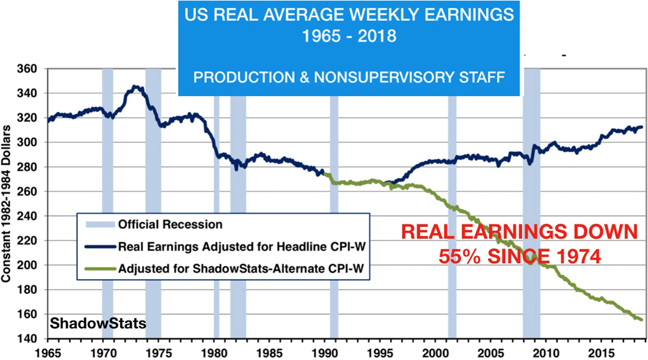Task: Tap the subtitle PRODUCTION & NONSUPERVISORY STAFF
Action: tap(349, 77)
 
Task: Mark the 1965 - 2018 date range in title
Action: tap(349, 36)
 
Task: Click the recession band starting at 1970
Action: tap(108, 190)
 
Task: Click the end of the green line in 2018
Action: tap(642, 320)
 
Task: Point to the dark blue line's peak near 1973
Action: tap(135, 86)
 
